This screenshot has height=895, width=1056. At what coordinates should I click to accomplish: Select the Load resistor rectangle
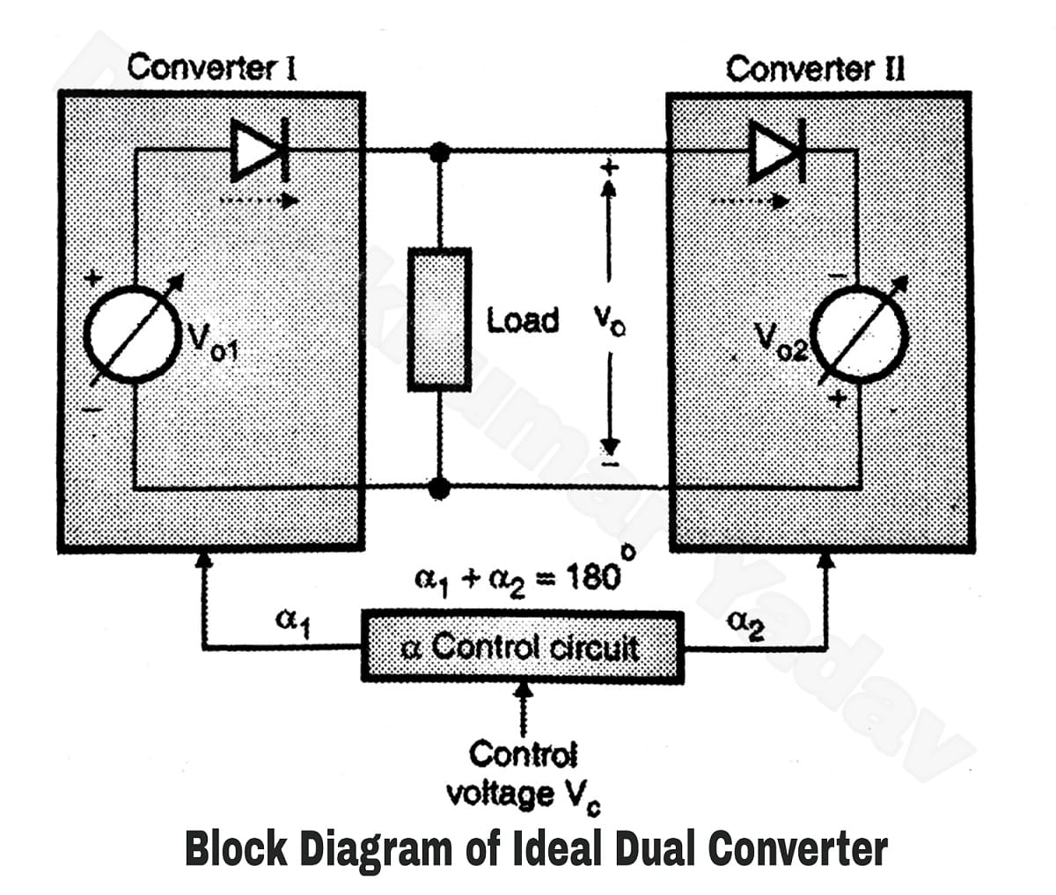click(x=438, y=319)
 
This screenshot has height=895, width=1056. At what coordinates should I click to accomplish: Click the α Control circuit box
click(x=522, y=648)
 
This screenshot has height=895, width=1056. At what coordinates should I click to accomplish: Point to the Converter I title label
click(x=211, y=68)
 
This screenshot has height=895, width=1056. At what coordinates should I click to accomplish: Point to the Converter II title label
click(x=815, y=69)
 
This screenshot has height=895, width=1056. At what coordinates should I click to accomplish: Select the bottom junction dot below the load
click(x=439, y=486)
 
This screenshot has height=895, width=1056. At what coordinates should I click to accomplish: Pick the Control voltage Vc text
click(x=524, y=775)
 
